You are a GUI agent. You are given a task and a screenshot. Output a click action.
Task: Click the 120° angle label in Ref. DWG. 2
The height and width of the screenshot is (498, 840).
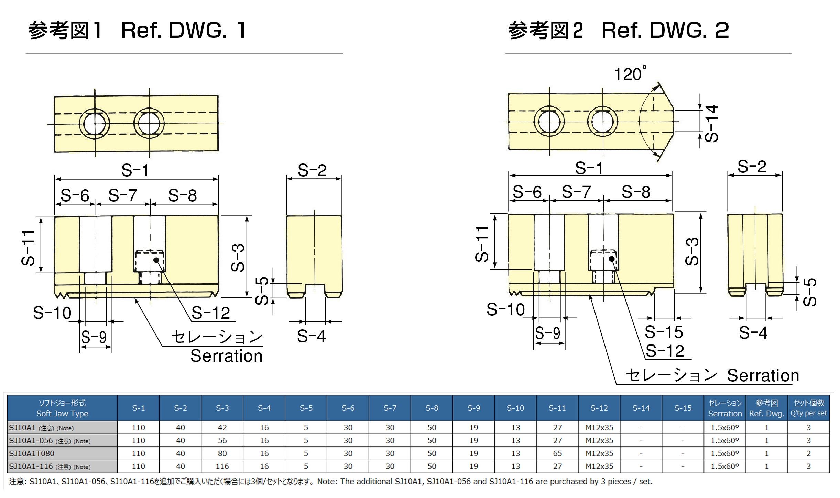[629, 74]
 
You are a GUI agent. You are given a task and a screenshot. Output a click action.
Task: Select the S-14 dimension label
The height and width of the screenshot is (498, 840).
[711, 124]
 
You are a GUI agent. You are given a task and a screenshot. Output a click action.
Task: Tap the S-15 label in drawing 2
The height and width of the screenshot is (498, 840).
[664, 332]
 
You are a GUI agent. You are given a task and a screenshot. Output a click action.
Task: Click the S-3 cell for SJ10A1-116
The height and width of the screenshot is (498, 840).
[222, 466]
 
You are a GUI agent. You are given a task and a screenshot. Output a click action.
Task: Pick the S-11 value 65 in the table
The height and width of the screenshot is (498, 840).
[557, 453]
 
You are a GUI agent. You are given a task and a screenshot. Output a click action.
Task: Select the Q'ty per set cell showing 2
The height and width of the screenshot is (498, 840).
[808, 453]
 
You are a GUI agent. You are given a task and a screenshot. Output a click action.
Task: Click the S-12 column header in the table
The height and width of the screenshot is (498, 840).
[599, 408]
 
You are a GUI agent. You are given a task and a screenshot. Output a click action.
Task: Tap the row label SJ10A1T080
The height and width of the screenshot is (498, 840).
[32, 453]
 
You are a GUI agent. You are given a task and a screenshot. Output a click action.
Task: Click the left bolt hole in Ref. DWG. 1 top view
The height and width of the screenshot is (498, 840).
[95, 124]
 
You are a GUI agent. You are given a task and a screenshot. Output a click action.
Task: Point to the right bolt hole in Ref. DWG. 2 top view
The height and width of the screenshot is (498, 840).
[602, 122]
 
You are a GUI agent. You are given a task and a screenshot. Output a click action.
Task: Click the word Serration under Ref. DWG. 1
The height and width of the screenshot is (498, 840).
[226, 356]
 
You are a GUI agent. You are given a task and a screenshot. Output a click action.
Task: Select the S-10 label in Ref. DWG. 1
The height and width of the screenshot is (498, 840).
[52, 313]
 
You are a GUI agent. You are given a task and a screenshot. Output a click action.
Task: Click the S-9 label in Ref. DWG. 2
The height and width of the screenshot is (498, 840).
[548, 333]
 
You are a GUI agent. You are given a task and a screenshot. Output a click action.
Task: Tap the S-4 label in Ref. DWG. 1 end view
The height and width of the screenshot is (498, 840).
[311, 336]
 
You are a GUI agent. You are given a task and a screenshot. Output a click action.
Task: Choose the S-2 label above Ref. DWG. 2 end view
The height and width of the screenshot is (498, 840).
[752, 167]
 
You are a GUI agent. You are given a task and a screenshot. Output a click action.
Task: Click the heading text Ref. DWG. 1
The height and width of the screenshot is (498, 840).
[184, 30]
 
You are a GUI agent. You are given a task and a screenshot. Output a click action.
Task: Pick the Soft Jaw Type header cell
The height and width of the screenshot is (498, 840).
[62, 408]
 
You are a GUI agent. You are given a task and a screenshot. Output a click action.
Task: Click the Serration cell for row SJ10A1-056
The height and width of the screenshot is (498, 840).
[724, 441]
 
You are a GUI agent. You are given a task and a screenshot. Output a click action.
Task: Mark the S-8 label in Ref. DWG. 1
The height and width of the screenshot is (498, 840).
[182, 195]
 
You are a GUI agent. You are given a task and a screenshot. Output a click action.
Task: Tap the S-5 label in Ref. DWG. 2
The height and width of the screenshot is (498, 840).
[810, 292]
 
